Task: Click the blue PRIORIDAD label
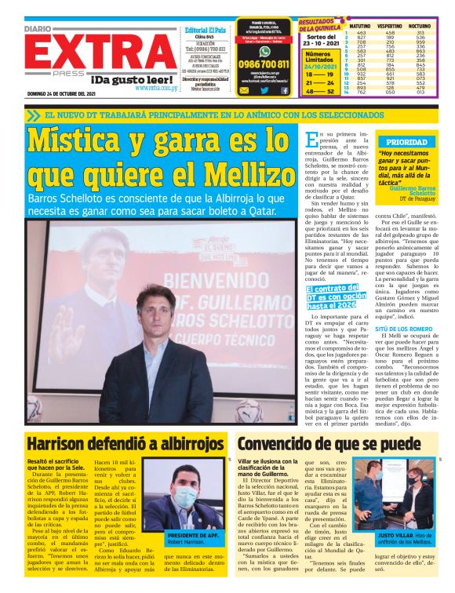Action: [x=402, y=142]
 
